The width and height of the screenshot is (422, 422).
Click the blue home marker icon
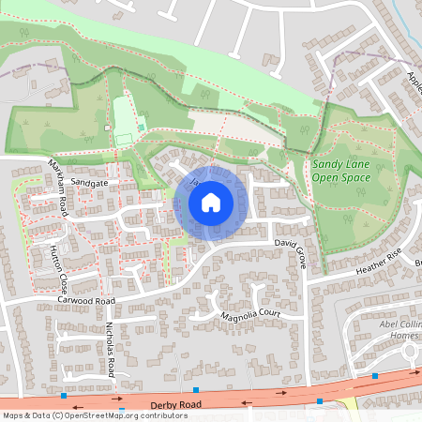211,203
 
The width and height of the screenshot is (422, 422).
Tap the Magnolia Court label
251,315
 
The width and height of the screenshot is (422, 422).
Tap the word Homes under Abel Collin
403,336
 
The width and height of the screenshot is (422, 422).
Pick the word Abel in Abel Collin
386,324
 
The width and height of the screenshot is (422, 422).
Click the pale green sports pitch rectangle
124,121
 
